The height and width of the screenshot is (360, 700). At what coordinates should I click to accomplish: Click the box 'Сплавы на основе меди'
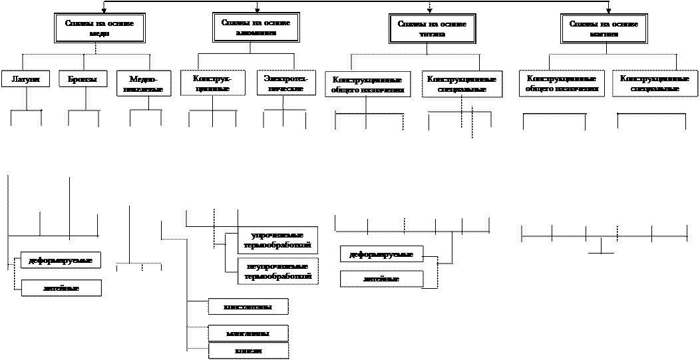[x=99, y=28]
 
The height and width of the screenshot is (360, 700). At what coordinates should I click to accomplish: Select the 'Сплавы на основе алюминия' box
[x=256, y=27]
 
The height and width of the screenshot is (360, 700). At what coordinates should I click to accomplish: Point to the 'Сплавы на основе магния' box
[x=604, y=29]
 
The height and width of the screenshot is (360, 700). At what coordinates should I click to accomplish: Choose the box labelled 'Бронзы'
[x=83, y=79]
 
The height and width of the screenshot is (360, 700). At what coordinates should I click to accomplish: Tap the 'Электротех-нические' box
[x=286, y=83]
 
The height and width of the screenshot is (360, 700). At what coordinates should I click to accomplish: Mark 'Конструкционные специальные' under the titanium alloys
[x=462, y=85]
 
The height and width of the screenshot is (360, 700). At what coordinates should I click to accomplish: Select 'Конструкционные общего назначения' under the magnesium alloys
[x=562, y=83]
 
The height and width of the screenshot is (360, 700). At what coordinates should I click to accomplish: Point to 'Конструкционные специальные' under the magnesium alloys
[x=653, y=83]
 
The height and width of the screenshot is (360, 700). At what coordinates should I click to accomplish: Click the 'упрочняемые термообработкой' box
[x=278, y=240]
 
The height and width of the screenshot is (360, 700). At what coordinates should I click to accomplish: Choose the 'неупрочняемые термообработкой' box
[x=278, y=271]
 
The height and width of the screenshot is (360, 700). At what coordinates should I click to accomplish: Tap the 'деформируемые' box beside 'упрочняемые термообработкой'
[x=381, y=254]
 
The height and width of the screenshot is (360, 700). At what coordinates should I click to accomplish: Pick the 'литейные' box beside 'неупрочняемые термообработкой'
[x=381, y=279]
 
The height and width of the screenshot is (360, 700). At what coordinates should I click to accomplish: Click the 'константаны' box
[x=248, y=306]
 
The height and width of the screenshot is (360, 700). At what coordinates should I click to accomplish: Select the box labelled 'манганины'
[x=248, y=333]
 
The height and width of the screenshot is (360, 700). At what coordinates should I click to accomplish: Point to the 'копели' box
[x=248, y=351]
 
